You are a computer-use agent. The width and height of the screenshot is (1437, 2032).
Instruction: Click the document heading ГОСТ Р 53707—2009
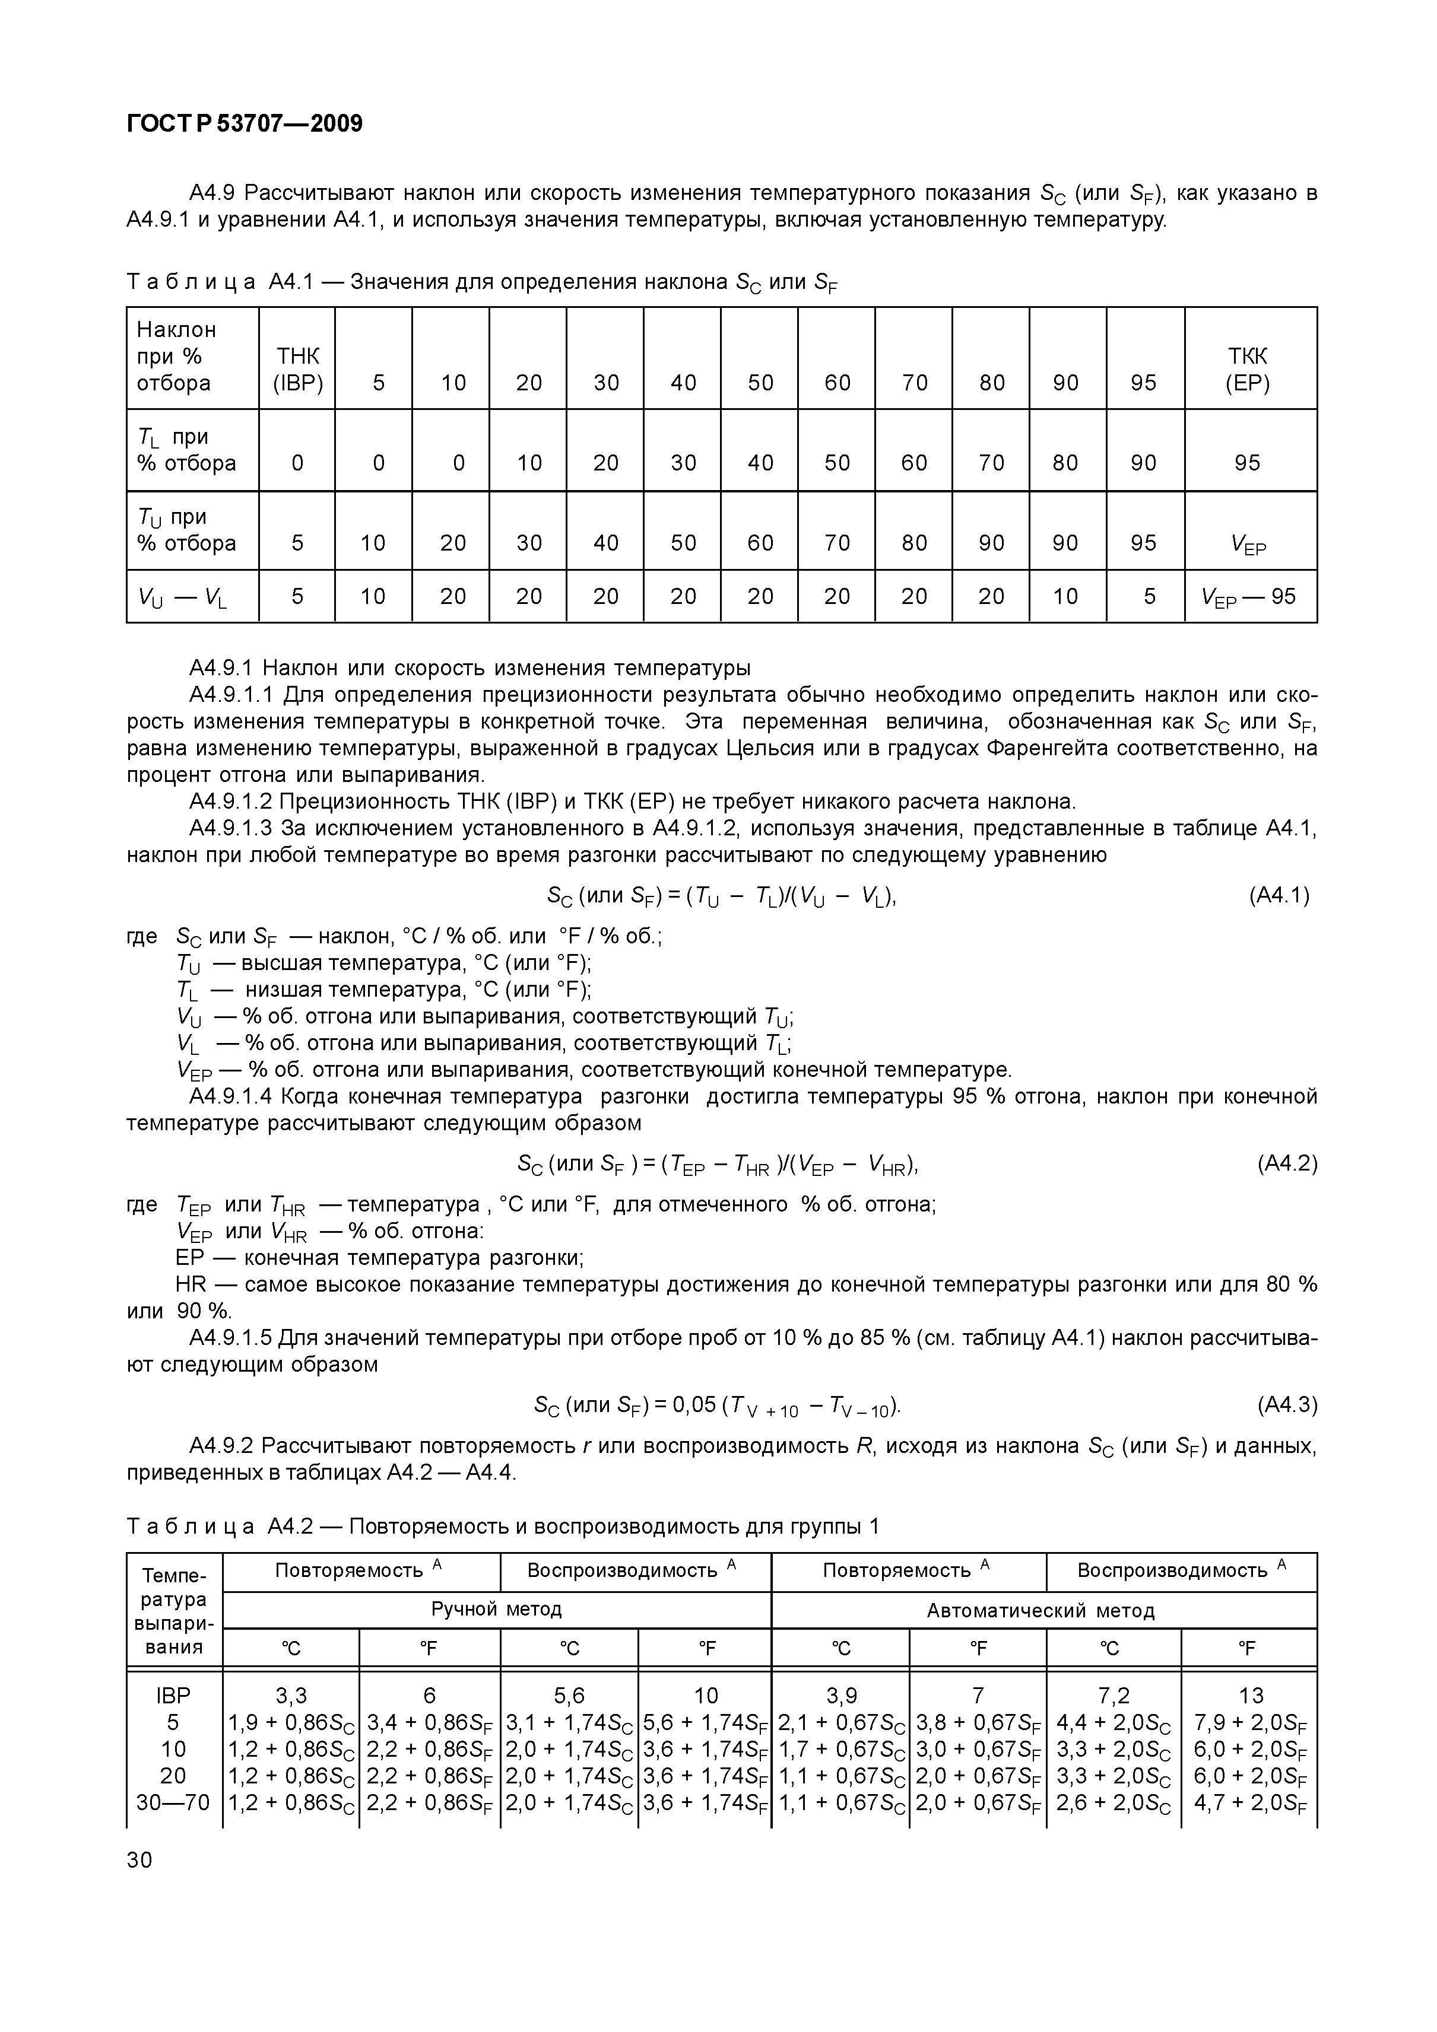tap(245, 123)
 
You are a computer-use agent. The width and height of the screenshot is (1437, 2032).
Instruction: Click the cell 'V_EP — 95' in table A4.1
tap(1248, 596)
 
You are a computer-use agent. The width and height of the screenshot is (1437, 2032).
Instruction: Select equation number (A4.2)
tap(1286, 1164)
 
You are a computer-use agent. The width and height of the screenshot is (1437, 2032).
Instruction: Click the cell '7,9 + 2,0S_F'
tap(1249, 1723)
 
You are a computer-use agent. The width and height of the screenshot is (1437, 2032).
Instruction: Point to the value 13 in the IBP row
tap(1250, 1696)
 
